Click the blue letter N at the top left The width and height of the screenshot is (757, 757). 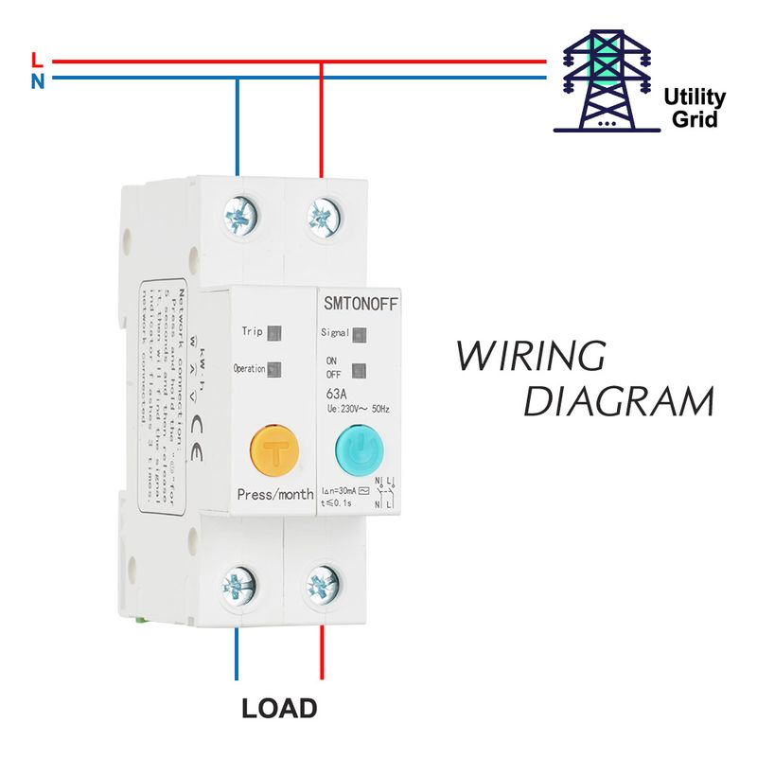(x=37, y=81)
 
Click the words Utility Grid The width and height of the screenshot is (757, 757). (x=694, y=108)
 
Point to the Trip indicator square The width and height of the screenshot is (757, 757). (x=274, y=333)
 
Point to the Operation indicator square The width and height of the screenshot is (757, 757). (x=274, y=369)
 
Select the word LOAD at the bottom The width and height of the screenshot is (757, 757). (x=279, y=708)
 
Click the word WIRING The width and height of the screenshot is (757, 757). (x=530, y=357)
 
